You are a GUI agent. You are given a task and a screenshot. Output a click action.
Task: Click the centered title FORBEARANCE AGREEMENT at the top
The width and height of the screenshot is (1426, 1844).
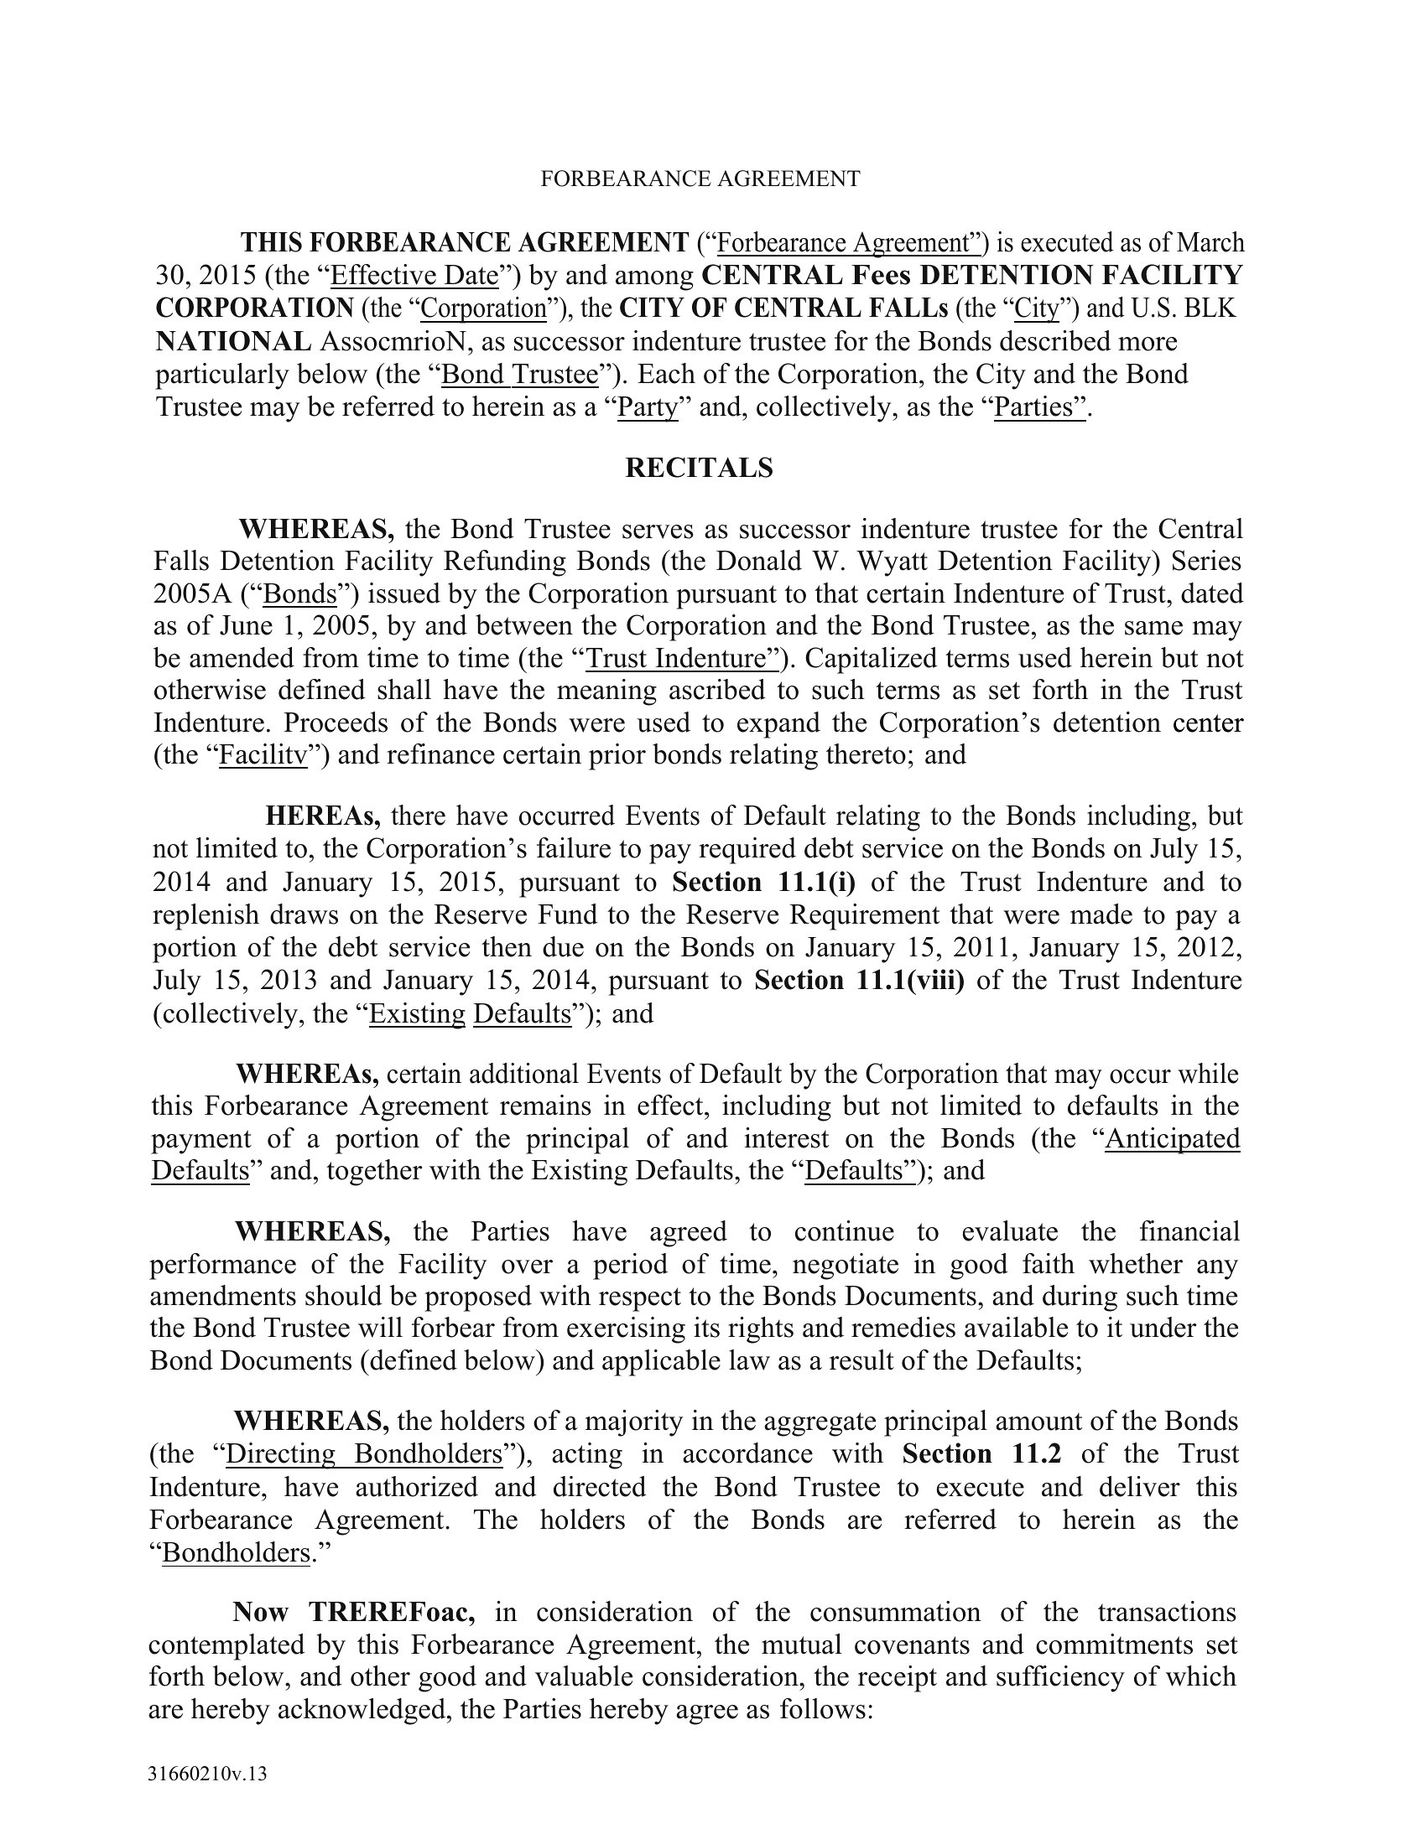pyautogui.click(x=700, y=179)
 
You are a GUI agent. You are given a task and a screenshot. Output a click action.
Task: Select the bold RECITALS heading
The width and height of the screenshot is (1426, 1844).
pyautogui.click(x=699, y=468)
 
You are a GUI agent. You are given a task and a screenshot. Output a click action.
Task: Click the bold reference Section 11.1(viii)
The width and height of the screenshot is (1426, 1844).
pyautogui.click(x=858, y=981)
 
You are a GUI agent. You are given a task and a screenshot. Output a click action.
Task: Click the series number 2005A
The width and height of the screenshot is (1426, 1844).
pyautogui.click(x=192, y=594)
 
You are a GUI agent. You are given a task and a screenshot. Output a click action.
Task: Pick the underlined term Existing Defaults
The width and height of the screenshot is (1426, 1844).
pyautogui.click(x=471, y=1013)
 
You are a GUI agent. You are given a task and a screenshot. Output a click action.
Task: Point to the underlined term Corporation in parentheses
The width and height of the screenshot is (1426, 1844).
pyautogui.click(x=484, y=308)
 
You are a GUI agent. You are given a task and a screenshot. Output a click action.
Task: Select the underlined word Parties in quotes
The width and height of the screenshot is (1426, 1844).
pyautogui.click(x=1039, y=407)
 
